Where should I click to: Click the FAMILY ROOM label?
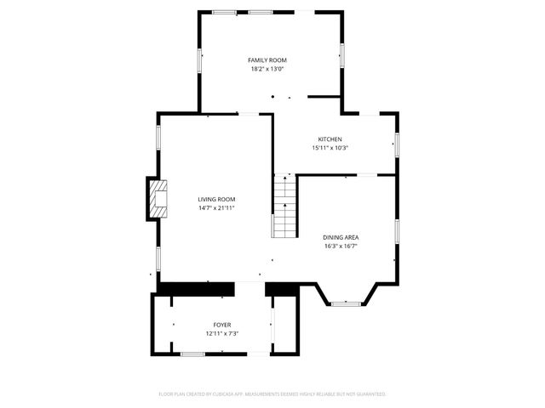click(267, 60)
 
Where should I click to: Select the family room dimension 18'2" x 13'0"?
click(267, 69)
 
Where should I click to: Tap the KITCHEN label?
click(330, 139)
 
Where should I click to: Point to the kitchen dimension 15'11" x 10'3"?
click(330, 148)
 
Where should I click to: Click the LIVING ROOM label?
click(216, 199)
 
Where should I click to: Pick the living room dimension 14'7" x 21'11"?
click(216, 207)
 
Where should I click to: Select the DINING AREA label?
click(340, 237)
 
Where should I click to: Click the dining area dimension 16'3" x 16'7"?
click(340, 246)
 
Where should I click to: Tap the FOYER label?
click(221, 326)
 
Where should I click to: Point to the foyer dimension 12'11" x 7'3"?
click(221, 334)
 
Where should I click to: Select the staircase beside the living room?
click(284, 209)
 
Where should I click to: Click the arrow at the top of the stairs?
click(284, 180)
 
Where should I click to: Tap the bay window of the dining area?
click(345, 303)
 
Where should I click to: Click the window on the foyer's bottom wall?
click(192, 354)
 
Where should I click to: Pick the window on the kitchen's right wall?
click(396, 144)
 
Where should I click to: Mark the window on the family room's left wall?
click(200, 59)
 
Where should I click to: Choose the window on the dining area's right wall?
click(396, 230)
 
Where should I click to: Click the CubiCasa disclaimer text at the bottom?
click(272, 394)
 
